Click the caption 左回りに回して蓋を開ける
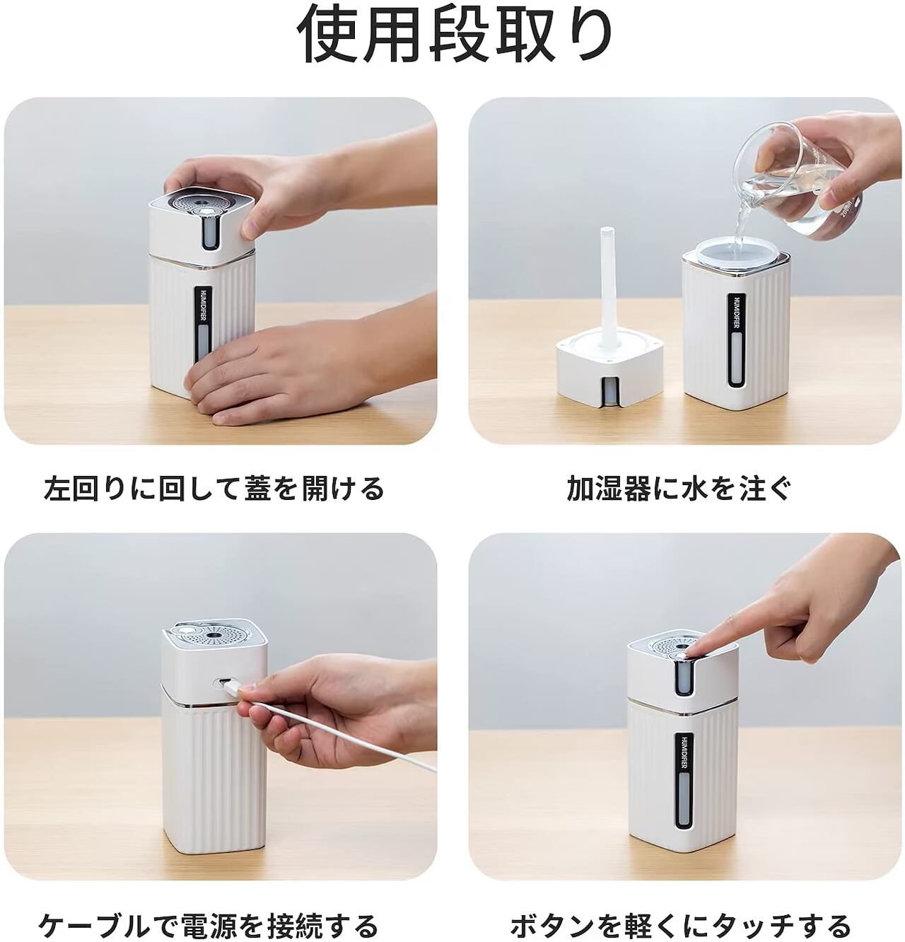[x=214, y=489]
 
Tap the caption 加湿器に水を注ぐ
[x=679, y=489]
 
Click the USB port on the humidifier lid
[x=223, y=682]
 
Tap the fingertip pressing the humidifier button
[x=687, y=649]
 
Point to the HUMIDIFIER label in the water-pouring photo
[x=735, y=313]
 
